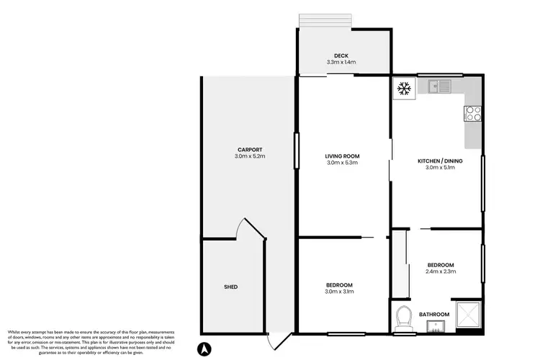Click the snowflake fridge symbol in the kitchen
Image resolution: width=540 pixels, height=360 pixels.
coord(404,89)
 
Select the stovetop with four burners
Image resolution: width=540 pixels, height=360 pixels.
coord(473,113)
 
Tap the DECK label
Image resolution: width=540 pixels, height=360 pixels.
coord(342,55)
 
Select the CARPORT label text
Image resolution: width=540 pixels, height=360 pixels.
coord(249,149)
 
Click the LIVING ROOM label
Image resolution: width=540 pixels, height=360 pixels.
coord(342,156)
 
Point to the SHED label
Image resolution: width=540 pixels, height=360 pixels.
coord(230,287)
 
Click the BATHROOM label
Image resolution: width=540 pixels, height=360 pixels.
coord(435,314)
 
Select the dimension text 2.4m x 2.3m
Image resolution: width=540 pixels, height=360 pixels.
coord(441,273)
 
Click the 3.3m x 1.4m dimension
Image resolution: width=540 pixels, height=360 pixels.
coord(342,63)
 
